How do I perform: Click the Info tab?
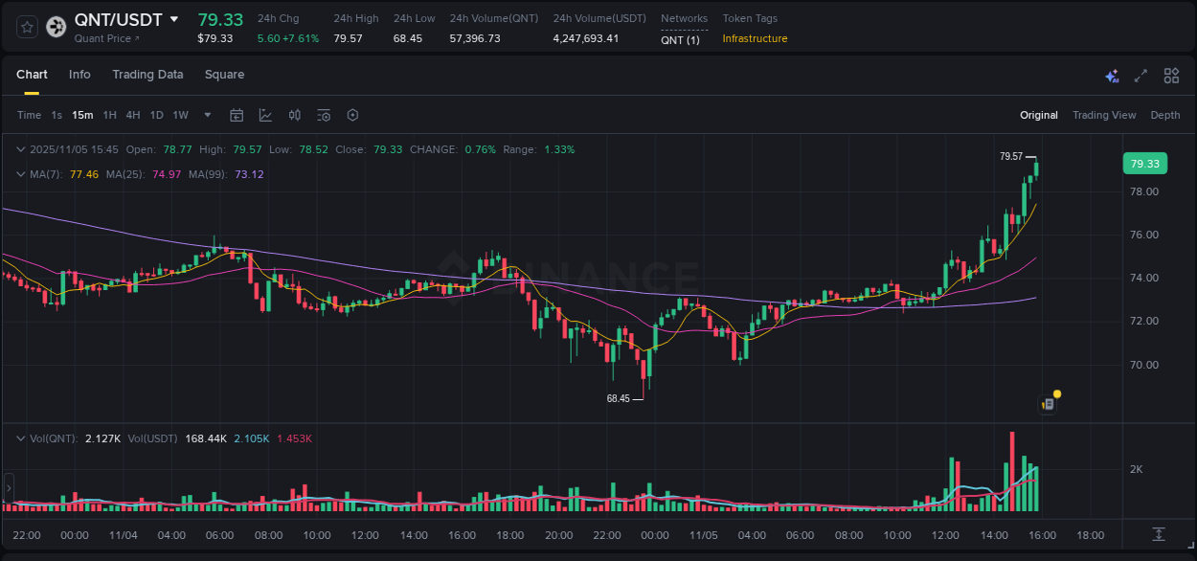(x=79, y=75)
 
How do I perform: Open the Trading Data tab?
(x=147, y=75)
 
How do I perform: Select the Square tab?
(x=224, y=75)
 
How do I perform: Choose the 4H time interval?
(x=133, y=115)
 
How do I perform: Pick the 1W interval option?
(x=180, y=115)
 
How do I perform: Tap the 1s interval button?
(x=56, y=115)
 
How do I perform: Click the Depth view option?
(x=1164, y=115)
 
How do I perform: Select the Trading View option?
(x=1103, y=115)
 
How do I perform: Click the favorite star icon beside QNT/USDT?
(x=27, y=27)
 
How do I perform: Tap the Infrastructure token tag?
(x=755, y=38)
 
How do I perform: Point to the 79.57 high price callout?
(x=1011, y=156)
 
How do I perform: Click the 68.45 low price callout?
(x=619, y=398)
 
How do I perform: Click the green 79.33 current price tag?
(x=1144, y=164)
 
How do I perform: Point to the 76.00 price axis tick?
(x=1144, y=235)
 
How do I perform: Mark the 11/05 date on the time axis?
(x=703, y=535)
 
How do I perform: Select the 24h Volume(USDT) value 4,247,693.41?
(x=585, y=38)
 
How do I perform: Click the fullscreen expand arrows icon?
(x=1141, y=76)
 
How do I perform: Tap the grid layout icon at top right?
(x=1171, y=76)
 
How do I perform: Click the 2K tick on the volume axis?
(x=1137, y=469)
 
